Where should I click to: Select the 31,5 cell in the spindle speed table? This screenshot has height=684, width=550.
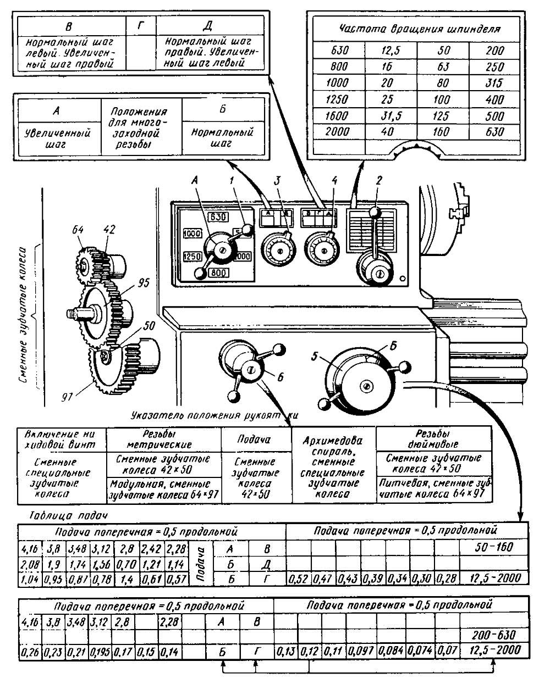tap(390, 116)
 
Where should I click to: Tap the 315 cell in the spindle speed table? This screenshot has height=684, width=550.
tap(496, 83)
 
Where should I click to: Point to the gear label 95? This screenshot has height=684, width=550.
tap(144, 283)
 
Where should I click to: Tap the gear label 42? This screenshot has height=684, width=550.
tap(109, 230)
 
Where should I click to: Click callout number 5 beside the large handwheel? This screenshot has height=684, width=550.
tap(315, 355)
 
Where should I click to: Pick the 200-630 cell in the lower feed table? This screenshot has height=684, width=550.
tap(494, 635)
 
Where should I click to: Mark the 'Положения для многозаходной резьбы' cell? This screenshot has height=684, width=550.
tap(141, 127)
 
